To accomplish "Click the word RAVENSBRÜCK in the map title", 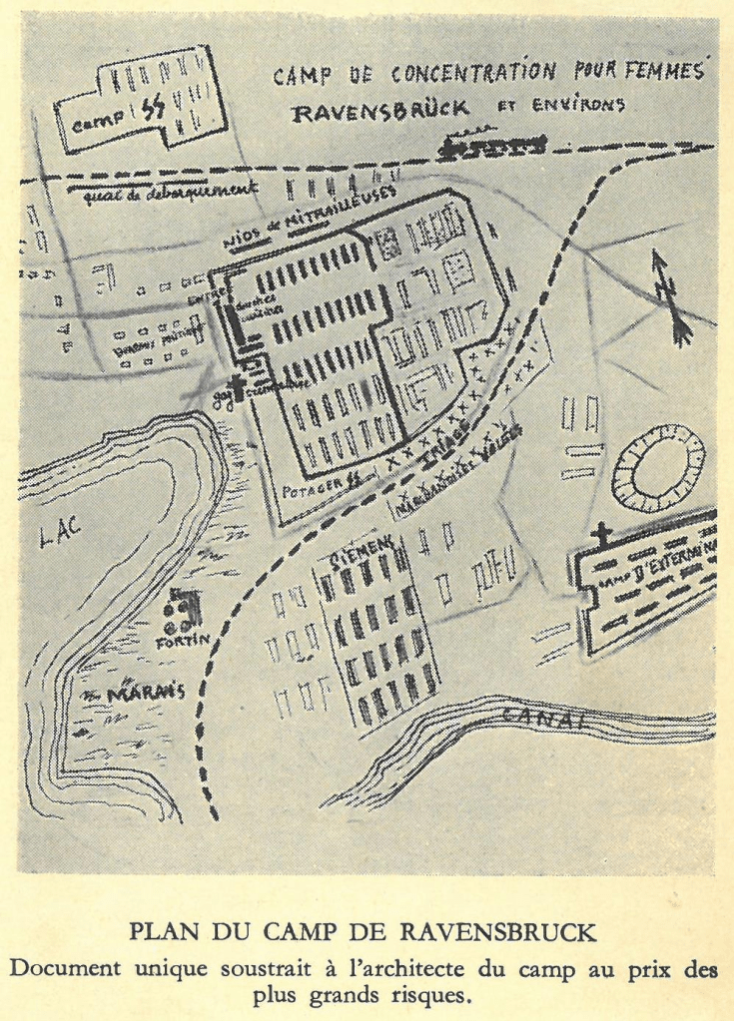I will pos(380,112).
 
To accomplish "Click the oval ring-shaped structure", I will pos(658,468).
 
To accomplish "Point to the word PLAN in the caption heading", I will pos(163,936).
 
